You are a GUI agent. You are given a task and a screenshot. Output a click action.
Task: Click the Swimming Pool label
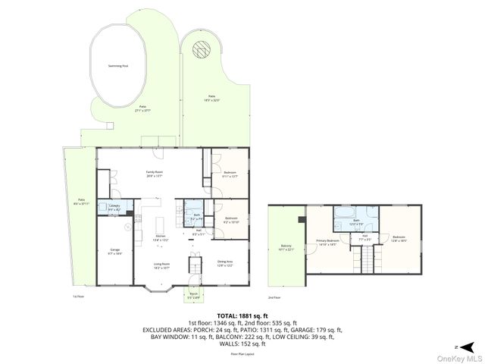click(117, 66)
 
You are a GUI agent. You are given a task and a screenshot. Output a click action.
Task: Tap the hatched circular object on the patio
click(202, 49)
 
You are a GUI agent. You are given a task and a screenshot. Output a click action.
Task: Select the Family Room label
click(155, 174)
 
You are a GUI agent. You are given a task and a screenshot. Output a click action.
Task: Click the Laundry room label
click(114, 207)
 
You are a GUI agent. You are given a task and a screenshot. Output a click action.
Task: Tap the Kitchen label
click(161, 237)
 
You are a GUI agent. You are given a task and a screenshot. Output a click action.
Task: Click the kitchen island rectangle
click(160, 225)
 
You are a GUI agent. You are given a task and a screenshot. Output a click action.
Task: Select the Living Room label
click(161, 265)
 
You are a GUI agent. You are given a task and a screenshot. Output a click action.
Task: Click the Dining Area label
click(225, 263)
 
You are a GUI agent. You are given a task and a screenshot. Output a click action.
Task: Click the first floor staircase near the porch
click(194, 268)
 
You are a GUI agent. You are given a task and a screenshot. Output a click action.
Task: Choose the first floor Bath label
click(196, 216)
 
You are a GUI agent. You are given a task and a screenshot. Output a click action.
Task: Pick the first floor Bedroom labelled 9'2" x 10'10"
click(231, 221)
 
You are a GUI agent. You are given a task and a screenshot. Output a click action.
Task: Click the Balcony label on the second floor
click(286, 247)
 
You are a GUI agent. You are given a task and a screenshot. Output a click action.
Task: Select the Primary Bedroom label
click(327, 243)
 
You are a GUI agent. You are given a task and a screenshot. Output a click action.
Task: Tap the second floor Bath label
click(356, 221)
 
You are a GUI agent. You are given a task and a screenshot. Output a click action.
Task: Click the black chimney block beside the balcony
click(302, 221)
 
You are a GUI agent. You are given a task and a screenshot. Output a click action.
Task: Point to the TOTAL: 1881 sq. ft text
click(242, 315)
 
